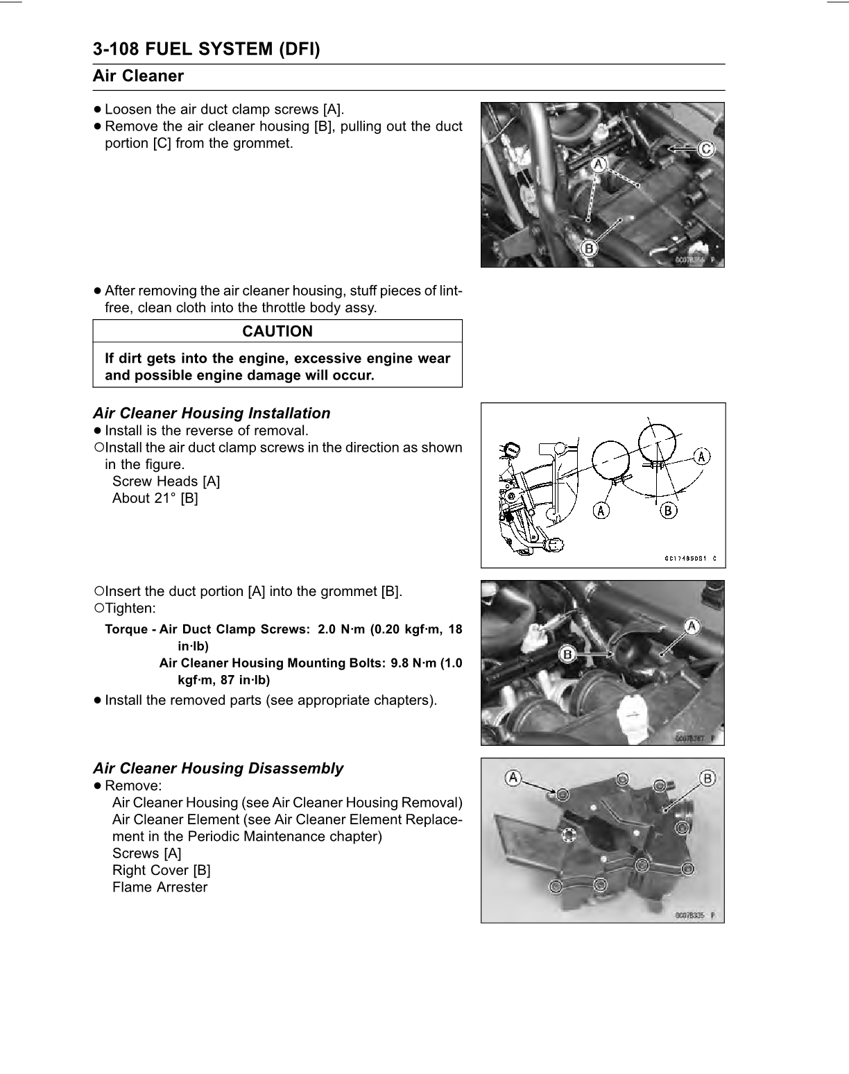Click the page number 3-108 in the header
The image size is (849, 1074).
click(x=121, y=49)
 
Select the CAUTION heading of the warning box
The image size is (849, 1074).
click(x=277, y=332)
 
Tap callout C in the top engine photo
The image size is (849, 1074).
click(x=705, y=148)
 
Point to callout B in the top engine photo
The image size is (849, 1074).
click(x=589, y=248)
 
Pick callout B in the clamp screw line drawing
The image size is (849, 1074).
click(x=667, y=511)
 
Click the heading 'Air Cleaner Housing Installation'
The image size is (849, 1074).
click(x=212, y=414)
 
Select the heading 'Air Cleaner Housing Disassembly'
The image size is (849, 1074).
click(x=218, y=769)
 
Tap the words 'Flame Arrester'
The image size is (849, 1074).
click(x=160, y=887)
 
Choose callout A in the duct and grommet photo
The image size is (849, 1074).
click(x=691, y=626)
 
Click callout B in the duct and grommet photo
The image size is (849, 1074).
click(x=568, y=654)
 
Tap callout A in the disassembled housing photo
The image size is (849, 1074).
click(x=513, y=778)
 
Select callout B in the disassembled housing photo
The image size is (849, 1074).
click(x=707, y=778)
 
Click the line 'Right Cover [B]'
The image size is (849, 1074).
click(x=161, y=871)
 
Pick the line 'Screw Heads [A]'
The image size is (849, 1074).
click(x=166, y=481)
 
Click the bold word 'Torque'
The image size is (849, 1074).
click(x=126, y=629)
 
